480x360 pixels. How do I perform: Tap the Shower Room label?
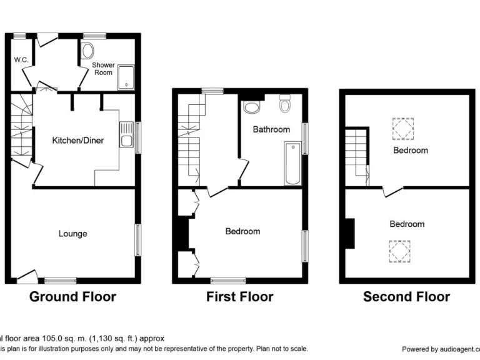pos(103,69)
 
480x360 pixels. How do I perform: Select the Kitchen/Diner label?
pos(77,141)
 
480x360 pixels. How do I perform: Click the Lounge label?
pos(73,234)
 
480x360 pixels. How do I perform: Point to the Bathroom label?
pos(271,129)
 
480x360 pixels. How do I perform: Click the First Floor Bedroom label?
pos(242,231)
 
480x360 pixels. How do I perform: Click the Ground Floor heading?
pos(72,296)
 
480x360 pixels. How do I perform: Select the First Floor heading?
pos(240,296)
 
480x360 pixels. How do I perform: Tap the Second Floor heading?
pos(406,296)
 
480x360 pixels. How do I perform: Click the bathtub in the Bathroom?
pos(292,163)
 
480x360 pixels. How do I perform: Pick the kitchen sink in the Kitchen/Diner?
pos(126,135)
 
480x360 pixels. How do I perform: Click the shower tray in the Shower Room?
pos(126,76)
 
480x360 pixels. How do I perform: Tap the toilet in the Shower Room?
pos(87,51)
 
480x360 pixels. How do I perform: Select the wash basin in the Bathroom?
pos(252,109)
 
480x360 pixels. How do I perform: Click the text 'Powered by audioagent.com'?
pos(440,349)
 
